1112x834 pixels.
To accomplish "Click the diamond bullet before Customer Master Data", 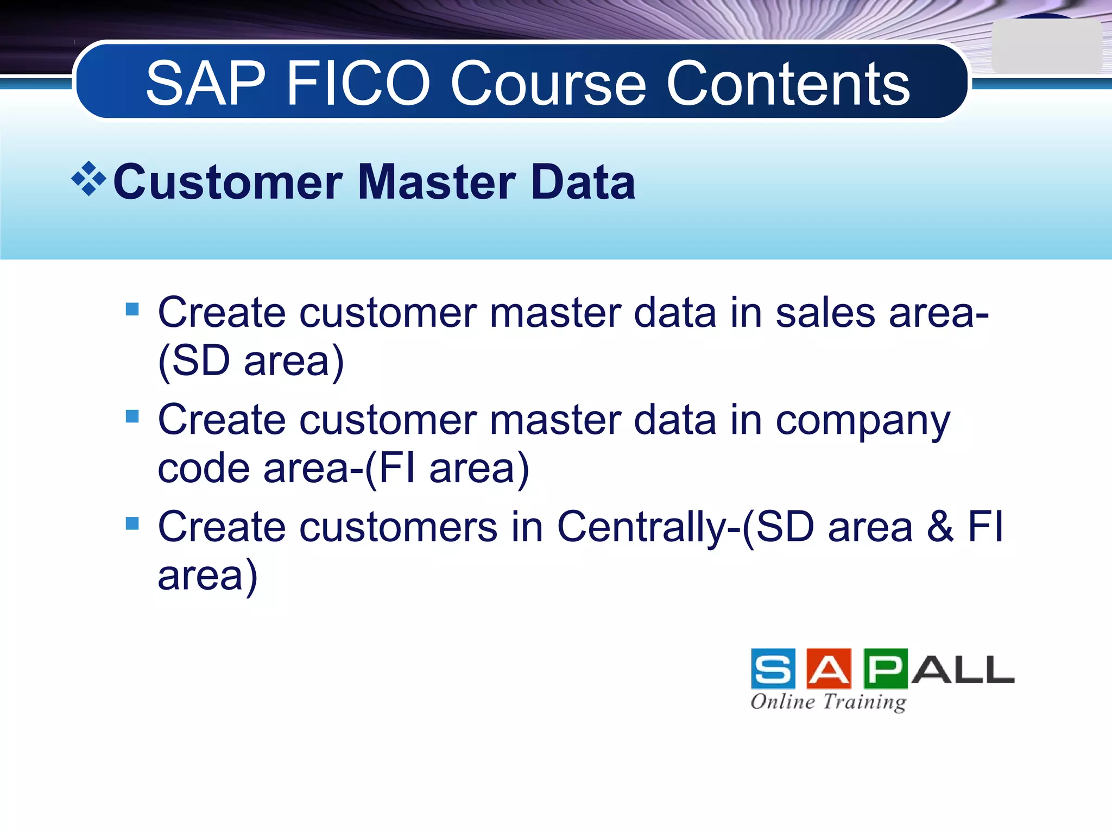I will (89, 179).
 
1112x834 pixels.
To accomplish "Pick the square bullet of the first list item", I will (132, 309).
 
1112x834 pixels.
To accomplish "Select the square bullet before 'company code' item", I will (132, 416).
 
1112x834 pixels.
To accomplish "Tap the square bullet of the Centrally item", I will (132, 523).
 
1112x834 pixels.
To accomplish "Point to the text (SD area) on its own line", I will (251, 361).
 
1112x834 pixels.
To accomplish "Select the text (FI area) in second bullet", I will (446, 468).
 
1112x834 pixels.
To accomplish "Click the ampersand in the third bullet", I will (940, 527).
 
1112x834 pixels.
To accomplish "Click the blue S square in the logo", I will (773, 668).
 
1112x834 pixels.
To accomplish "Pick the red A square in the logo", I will (829, 668).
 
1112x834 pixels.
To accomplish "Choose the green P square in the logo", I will (885, 668).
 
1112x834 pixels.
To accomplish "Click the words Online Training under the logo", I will (828, 702).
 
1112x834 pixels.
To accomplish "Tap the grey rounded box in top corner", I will (1046, 47).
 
